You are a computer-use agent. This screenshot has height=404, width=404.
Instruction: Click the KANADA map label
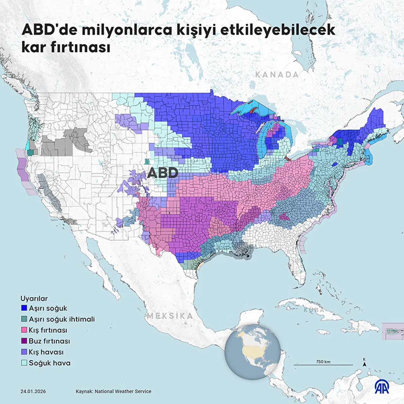[277, 75]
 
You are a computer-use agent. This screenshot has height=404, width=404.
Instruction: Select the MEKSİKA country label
[170, 316]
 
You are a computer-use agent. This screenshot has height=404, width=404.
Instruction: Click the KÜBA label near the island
[313, 310]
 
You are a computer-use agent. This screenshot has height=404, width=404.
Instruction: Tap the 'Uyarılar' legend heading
[34, 299]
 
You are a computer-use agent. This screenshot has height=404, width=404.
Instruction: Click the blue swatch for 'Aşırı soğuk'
[24, 308]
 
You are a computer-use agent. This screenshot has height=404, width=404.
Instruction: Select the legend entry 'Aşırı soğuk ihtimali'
[62, 319]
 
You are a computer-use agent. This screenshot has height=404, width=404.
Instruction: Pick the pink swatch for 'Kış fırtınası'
[24, 330]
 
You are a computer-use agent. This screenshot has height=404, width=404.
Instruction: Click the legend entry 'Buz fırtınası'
[49, 341]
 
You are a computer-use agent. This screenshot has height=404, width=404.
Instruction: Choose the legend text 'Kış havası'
[46, 352]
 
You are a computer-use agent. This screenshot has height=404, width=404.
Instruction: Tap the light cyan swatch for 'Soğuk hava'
[24, 363]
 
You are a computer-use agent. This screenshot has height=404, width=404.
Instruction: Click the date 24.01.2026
[33, 391]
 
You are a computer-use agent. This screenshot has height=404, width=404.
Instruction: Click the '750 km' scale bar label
[323, 362]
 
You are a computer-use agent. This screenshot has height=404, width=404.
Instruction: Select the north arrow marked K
[365, 363]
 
